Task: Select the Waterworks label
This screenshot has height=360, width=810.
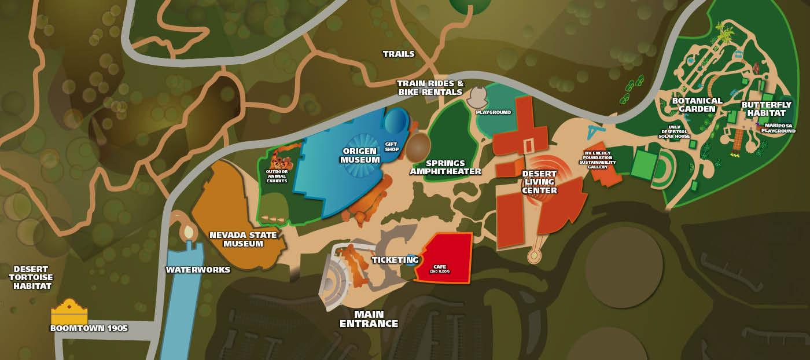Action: point(198,270)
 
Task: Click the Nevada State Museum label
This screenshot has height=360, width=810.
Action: point(243,239)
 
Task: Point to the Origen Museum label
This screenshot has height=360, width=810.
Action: point(360,155)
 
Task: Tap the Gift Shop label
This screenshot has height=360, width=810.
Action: point(392,146)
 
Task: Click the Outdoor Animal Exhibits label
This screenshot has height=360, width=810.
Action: point(277,176)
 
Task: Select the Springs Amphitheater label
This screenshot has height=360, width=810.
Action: point(445,167)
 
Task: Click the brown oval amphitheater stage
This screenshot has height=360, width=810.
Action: point(417,148)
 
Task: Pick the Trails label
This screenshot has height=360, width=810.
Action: point(399,54)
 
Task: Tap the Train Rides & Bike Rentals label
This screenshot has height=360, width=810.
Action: point(430,87)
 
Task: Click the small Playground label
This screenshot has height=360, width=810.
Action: point(493,112)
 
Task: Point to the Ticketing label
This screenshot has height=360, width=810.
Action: point(395,260)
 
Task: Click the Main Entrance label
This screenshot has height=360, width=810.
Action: point(369,319)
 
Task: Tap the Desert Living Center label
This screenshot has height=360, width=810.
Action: point(539,182)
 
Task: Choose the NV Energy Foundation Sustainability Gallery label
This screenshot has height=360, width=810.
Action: point(598,160)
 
